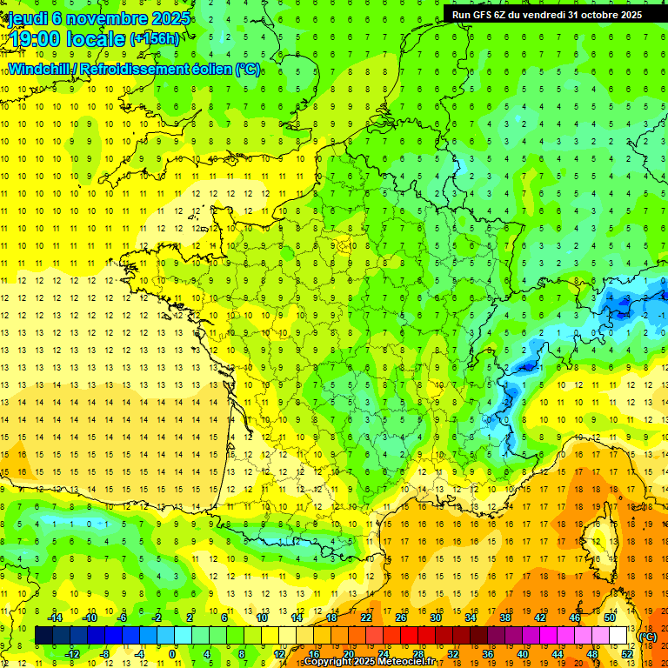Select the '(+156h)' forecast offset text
155,38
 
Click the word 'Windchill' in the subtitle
39,69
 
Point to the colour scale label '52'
627,654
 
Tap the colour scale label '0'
171,654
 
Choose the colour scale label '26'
401,618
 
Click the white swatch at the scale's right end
618,636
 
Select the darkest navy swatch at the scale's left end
43,636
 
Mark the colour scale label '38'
505,618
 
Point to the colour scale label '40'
523,654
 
